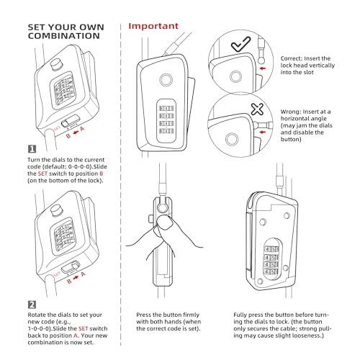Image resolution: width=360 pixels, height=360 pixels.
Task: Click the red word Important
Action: pyautogui.click(x=153, y=26)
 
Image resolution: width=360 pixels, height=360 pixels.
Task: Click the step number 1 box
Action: pyautogui.click(x=32, y=149)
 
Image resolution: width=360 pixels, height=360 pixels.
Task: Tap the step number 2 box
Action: pyautogui.click(x=32, y=305)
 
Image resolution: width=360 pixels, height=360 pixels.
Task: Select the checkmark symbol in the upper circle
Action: pyautogui.click(x=240, y=44)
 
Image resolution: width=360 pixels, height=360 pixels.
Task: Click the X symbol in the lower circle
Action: pyautogui.click(x=257, y=109)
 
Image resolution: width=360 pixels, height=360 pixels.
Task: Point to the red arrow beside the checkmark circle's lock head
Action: pyautogui.click(x=263, y=68)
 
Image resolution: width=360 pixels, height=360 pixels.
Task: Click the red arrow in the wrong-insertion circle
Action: pyautogui.click(x=263, y=132)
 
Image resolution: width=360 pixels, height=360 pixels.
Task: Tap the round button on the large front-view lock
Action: pyautogui.click(x=166, y=80)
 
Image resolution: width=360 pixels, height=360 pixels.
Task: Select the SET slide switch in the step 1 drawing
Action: pyautogui.click(x=71, y=121)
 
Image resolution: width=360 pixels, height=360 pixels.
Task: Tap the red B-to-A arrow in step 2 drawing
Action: pyautogui.click(x=76, y=277)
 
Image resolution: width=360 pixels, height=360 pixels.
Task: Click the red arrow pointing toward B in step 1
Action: pyautogui.click(x=76, y=132)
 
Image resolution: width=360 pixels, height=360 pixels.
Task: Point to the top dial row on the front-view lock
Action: pyautogui.click(x=166, y=109)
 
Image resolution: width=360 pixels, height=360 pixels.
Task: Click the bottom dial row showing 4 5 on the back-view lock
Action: pyautogui.click(x=271, y=272)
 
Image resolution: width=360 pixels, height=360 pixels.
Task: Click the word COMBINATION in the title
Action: pyautogui.click(x=63, y=36)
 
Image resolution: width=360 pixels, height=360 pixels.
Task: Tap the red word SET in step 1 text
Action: pyautogui.click(x=42, y=174)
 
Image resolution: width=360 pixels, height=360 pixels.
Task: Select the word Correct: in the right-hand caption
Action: pyautogui.click(x=291, y=58)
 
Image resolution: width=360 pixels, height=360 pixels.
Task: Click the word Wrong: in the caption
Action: pyautogui.click(x=291, y=112)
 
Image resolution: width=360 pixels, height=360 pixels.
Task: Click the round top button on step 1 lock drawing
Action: pyautogui.click(x=57, y=64)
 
